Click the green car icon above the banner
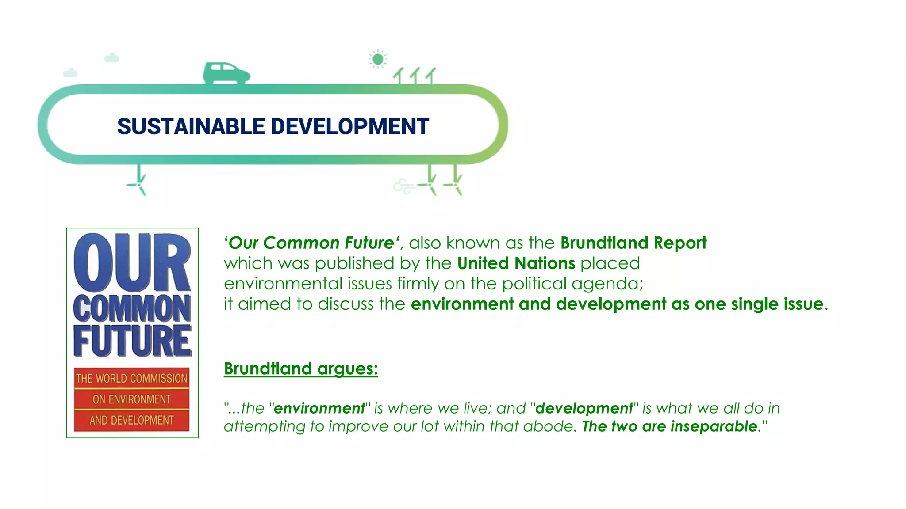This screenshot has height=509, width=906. click(226, 73)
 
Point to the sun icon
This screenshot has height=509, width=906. click(378, 59)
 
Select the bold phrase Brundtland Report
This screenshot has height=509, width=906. click(633, 243)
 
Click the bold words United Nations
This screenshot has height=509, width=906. click(516, 263)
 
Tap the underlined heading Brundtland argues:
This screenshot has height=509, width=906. click(301, 369)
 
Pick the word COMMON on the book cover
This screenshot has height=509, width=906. click(132, 309)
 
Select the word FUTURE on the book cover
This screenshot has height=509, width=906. click(132, 341)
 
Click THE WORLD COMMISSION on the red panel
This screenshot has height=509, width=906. click(132, 378)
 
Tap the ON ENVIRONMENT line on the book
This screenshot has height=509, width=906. click(132, 399)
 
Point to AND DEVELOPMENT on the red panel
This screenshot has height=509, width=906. click(132, 420)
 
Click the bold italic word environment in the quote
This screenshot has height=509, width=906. click(319, 408)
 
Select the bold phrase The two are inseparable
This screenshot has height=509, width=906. click(670, 426)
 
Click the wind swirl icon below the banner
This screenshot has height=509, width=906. click(403, 186)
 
